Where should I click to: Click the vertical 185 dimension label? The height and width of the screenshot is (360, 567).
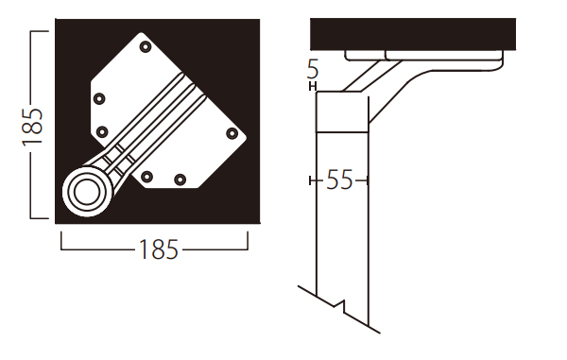[32, 127]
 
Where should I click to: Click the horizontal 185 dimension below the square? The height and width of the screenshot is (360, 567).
[159, 249]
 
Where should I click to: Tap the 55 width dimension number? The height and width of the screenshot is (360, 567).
[339, 180]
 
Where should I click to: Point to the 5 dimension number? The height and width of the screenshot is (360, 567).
[313, 69]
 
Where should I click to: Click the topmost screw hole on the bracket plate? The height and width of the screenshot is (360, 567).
[146, 46]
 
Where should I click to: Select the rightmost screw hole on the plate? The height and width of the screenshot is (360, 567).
[232, 134]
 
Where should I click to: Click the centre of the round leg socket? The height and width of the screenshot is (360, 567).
[86, 192]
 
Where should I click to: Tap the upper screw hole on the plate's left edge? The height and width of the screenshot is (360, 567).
[99, 98]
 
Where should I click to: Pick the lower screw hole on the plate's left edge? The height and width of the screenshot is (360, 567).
[102, 131]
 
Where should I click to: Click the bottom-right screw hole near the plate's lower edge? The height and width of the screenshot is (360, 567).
[180, 180]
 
